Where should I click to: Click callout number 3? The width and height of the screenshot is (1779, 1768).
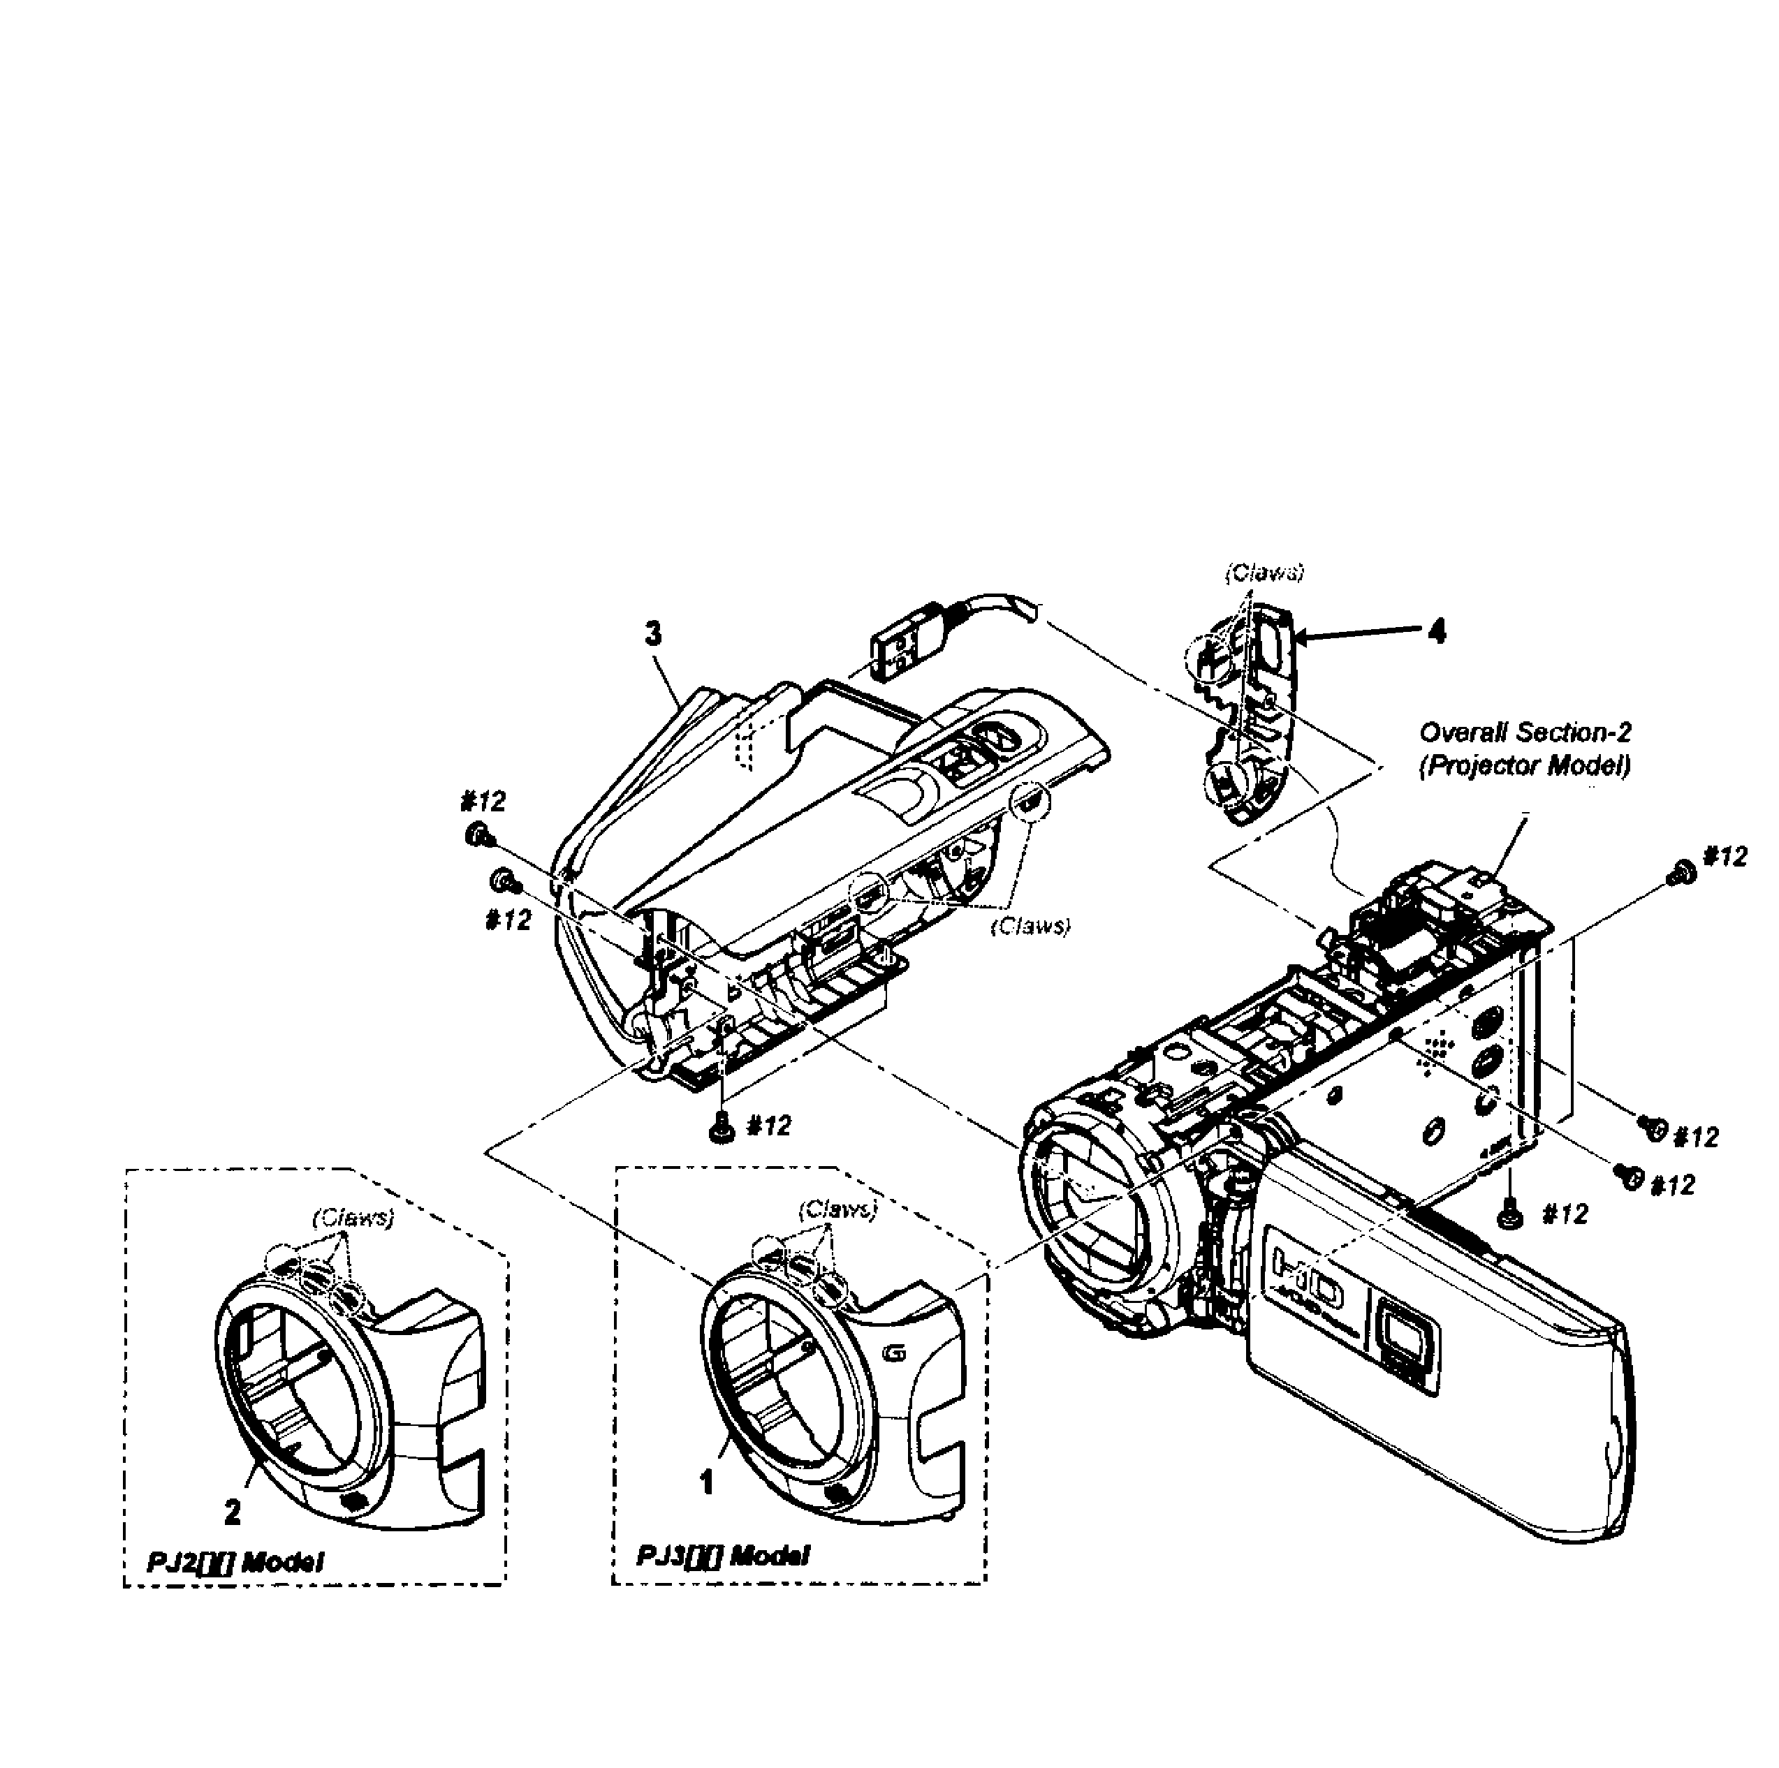point(653,634)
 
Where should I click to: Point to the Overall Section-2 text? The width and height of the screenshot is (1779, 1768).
point(1525,732)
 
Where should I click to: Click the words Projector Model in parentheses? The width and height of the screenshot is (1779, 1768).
point(1525,766)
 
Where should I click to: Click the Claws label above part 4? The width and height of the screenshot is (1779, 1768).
point(1264,573)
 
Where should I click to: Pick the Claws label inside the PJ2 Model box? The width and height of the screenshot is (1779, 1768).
point(353,1218)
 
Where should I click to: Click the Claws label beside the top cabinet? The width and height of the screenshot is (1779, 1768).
point(1030,926)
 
